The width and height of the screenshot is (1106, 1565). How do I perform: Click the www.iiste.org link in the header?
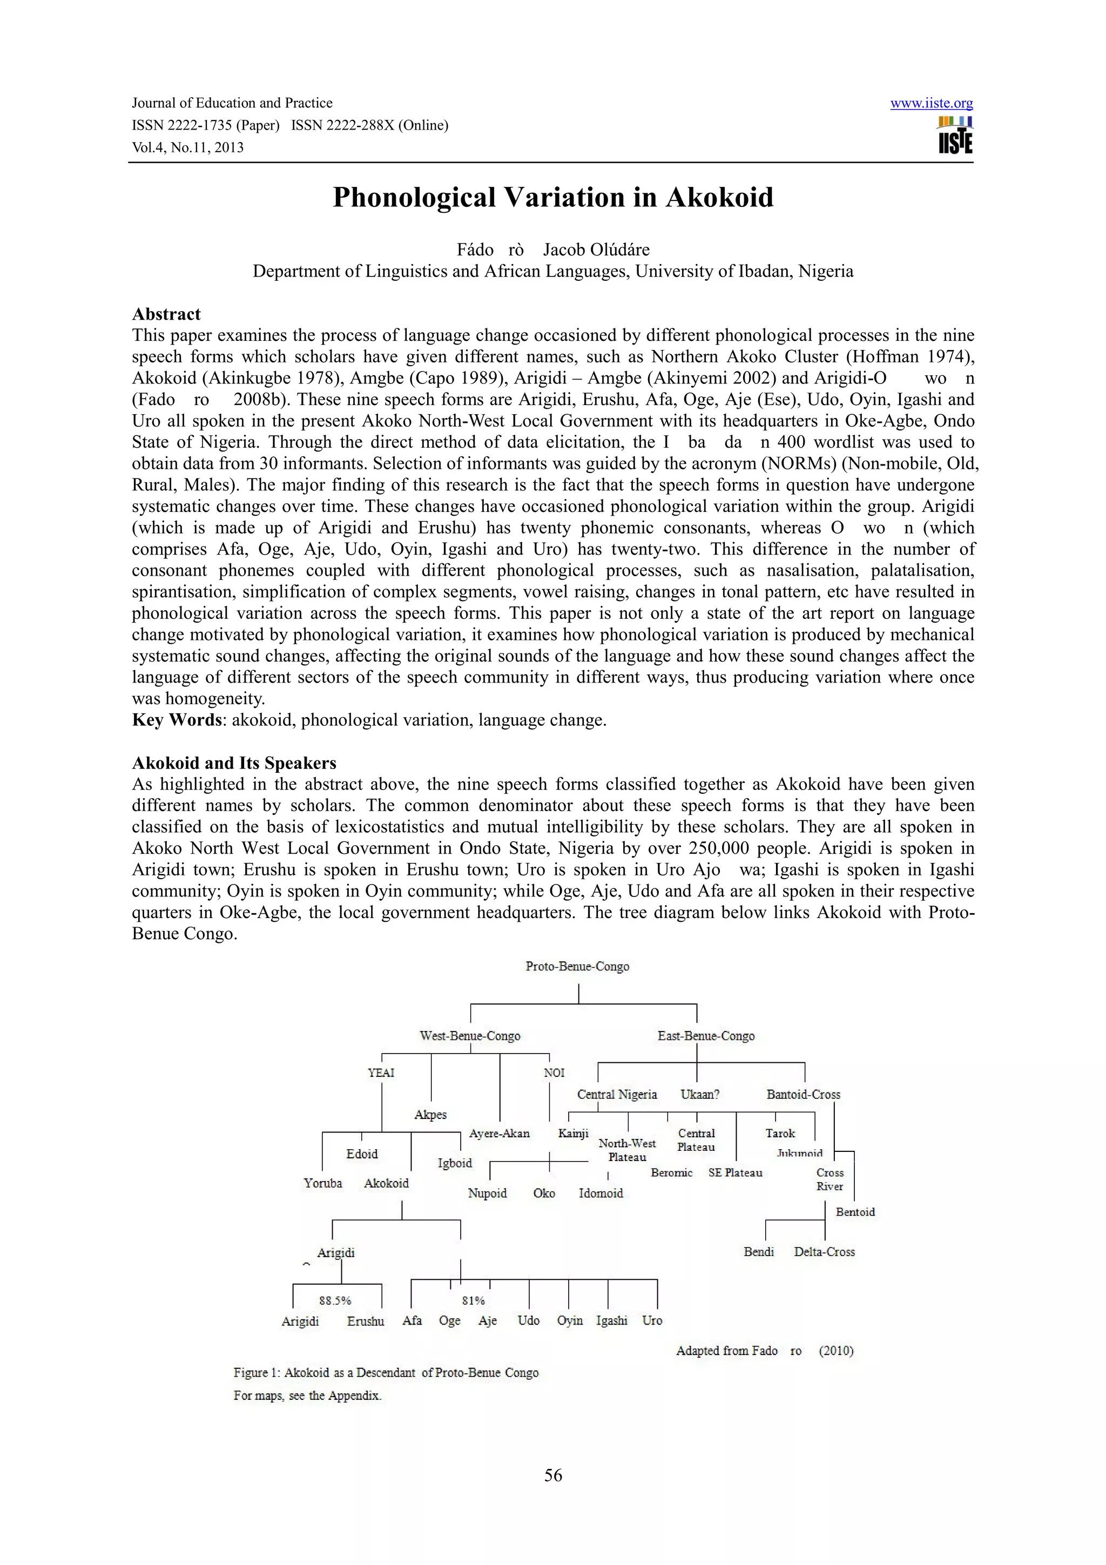click(x=931, y=104)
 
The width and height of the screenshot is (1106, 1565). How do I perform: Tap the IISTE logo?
click(x=955, y=135)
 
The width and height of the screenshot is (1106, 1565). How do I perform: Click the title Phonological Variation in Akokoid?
click(x=552, y=198)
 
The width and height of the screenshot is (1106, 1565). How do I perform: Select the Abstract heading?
click(x=166, y=314)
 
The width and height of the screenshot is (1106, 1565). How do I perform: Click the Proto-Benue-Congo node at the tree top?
click(x=577, y=967)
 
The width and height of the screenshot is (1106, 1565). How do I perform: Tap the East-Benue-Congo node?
click(x=706, y=1036)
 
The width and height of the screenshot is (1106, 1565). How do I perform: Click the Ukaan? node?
click(x=700, y=1095)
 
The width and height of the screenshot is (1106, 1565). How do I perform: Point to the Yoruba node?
click(x=323, y=1183)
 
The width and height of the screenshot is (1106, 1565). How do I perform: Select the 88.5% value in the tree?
click(x=335, y=1300)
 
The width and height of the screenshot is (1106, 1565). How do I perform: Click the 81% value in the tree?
click(x=473, y=1300)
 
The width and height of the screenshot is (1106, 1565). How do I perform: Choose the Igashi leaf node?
click(x=611, y=1321)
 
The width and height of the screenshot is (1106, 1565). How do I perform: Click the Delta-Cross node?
click(x=824, y=1252)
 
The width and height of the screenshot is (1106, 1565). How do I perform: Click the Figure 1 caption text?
click(x=386, y=1373)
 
